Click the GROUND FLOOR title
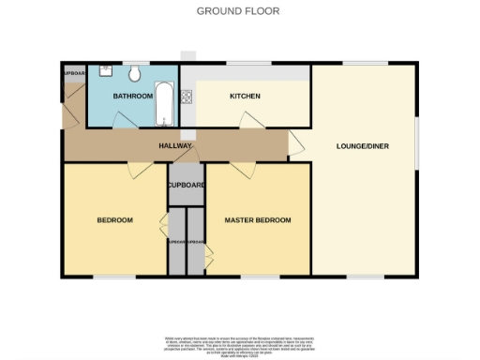[x=238, y=11]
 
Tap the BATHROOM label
[x=132, y=97]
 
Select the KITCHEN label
[x=245, y=97]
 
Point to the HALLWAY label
[x=175, y=146]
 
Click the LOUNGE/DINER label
[x=364, y=146]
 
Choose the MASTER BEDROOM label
[x=258, y=220]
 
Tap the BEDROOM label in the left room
[x=114, y=220]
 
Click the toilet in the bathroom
[x=136, y=73]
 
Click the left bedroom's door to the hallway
[x=137, y=170]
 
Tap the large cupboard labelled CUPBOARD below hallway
[x=186, y=185]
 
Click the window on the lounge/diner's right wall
[x=416, y=142]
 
